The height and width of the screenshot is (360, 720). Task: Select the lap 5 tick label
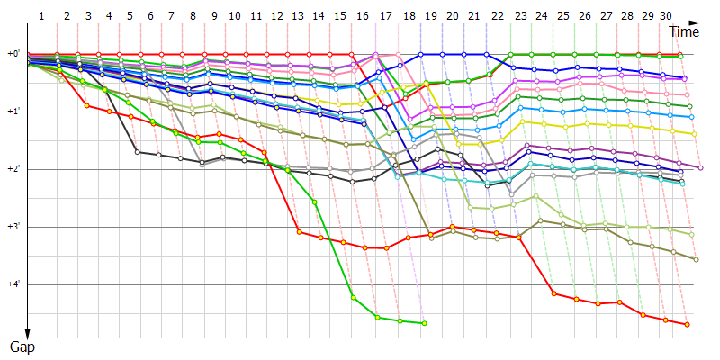[130, 16]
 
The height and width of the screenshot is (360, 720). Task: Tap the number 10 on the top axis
[234, 16]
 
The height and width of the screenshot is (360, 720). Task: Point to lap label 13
[299, 16]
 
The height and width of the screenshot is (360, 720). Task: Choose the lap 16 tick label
[363, 16]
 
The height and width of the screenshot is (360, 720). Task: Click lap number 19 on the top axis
[430, 16]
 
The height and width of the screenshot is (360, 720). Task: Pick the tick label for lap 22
[498, 16]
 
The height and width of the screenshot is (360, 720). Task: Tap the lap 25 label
[562, 16]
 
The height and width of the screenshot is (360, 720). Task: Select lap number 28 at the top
[627, 16]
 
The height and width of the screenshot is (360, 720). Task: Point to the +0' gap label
[13, 54]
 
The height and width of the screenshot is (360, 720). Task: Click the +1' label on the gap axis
[13, 112]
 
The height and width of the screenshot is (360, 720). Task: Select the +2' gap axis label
[13, 169]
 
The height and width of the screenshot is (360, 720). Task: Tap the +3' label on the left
[13, 227]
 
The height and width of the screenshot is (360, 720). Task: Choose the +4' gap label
[13, 284]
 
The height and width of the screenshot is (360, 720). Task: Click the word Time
[685, 31]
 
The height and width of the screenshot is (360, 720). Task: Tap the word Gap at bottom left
[22, 346]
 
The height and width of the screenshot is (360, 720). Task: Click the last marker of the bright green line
[424, 323]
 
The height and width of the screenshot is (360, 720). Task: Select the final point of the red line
[687, 324]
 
